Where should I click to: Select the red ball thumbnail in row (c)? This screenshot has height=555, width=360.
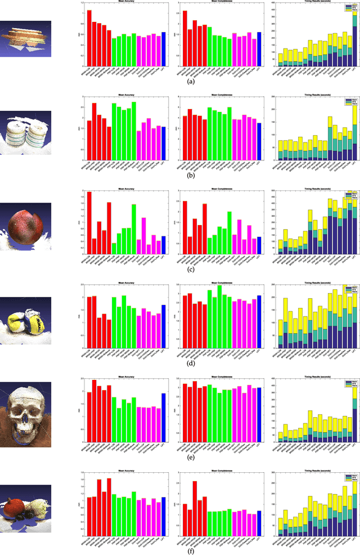[x=26, y=225]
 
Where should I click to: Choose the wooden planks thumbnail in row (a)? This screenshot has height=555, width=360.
[x=26, y=39]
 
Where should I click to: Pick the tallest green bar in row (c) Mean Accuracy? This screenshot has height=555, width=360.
[x=134, y=229]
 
